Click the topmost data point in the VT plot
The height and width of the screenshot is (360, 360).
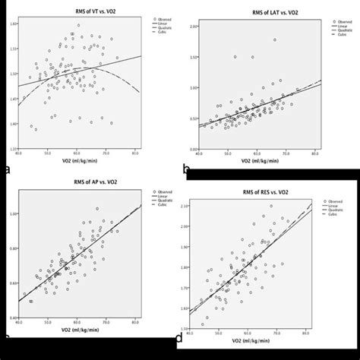[x=78, y=25]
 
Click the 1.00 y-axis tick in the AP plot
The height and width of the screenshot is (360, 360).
[x=14, y=214]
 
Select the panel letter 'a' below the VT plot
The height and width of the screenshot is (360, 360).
[x=7, y=169]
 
